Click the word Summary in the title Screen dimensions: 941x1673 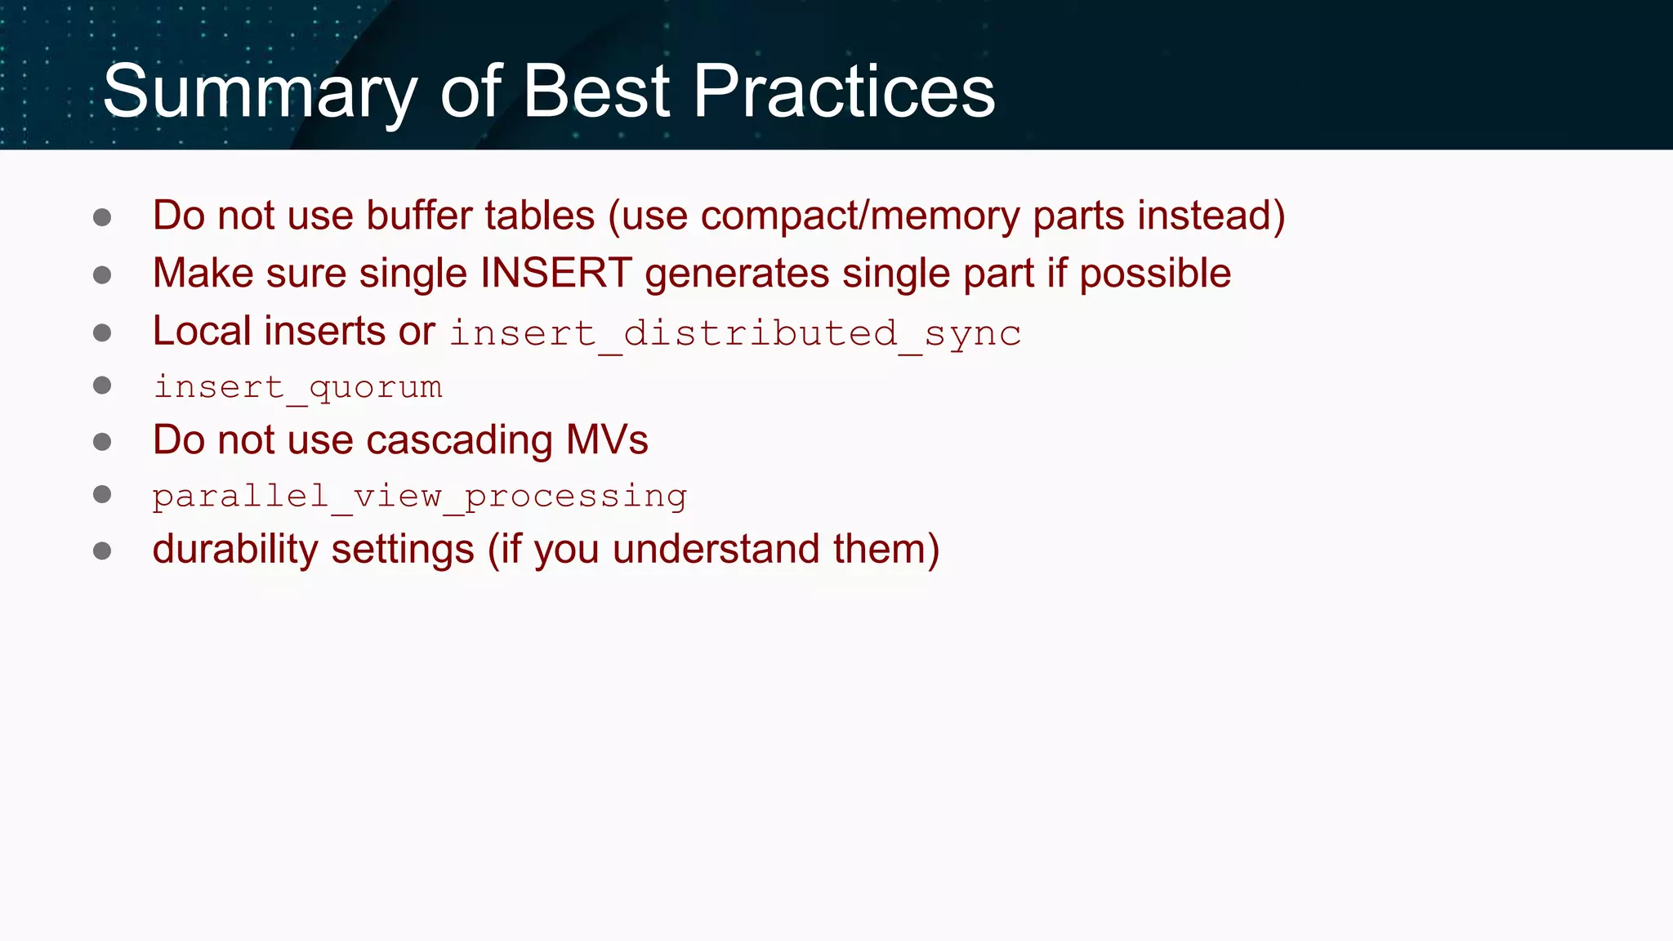pos(260,91)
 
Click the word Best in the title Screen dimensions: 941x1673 pos(596,91)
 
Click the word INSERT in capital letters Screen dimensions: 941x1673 pos(555,274)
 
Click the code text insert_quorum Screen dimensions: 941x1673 pos(298,387)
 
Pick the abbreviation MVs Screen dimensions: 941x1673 pos(607,440)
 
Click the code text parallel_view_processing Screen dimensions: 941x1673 pos(420,497)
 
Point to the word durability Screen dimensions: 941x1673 pos(235,549)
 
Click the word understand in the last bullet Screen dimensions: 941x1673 pos(716,549)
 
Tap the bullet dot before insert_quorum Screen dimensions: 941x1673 pos(102,386)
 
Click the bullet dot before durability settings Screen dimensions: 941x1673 pos(102,551)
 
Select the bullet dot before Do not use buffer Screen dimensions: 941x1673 pos(102,217)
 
